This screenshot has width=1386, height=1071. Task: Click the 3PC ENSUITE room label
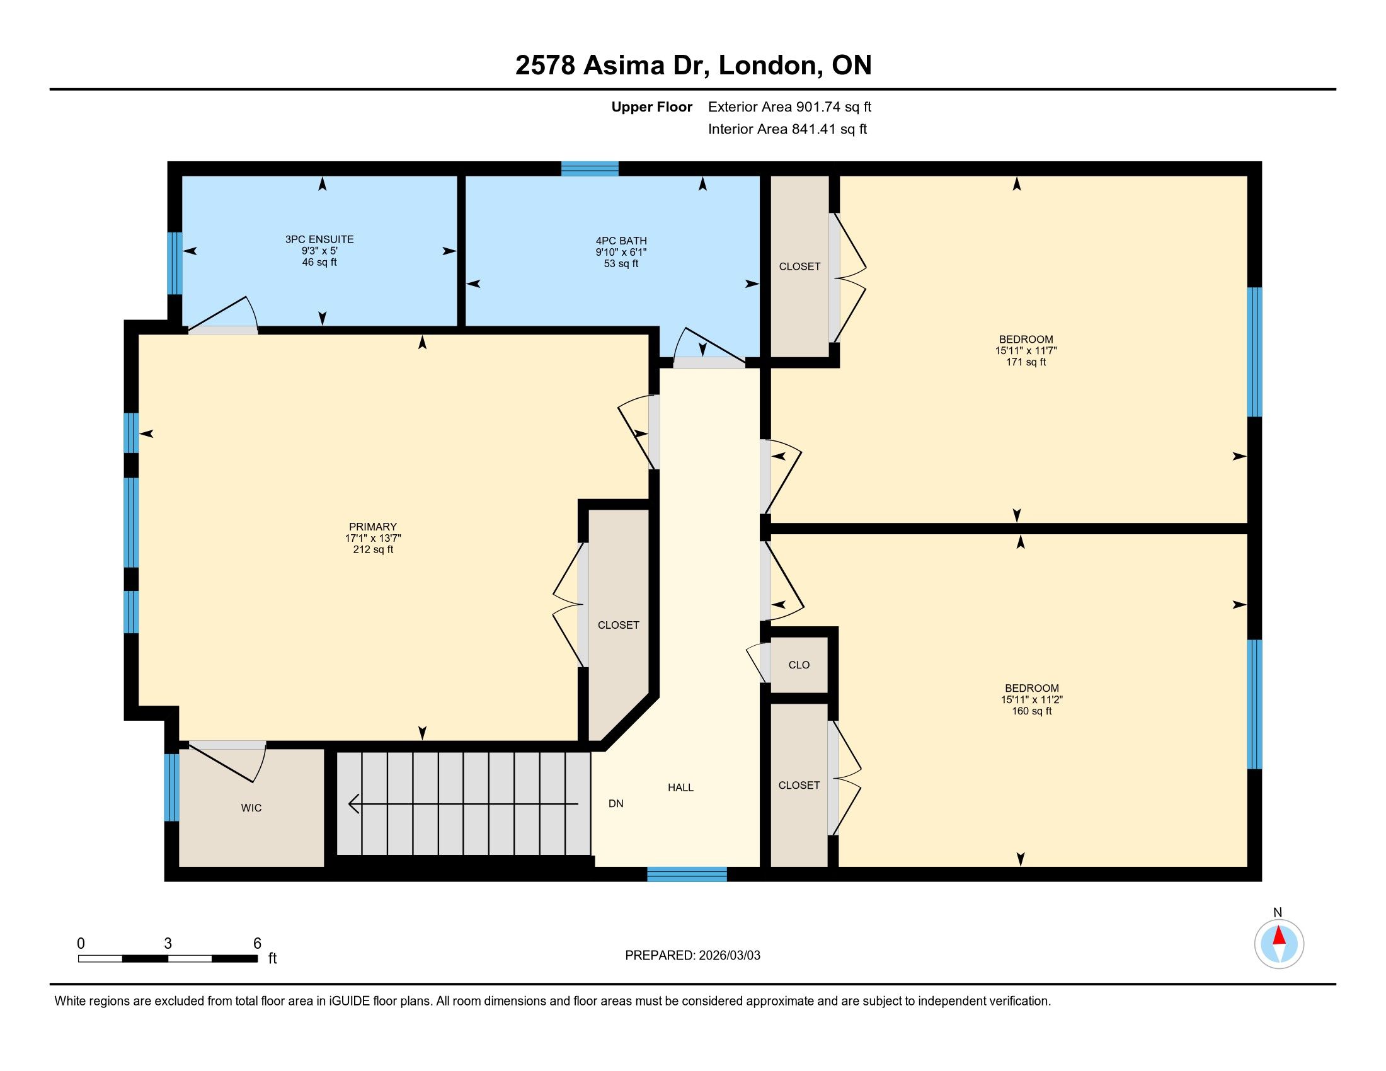tap(319, 239)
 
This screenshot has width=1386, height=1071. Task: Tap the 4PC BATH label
tap(621, 241)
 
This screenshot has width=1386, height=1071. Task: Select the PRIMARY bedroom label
tap(372, 527)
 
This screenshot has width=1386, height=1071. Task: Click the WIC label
tap(251, 808)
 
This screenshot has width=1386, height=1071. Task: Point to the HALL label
tap(680, 787)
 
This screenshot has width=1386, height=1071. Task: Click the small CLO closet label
tap(799, 665)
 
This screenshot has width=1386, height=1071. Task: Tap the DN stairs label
tap(616, 803)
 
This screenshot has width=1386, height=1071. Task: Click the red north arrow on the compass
tap(1280, 936)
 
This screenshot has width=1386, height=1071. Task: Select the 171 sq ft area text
tap(1026, 362)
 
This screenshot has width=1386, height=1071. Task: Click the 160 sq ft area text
tap(1032, 711)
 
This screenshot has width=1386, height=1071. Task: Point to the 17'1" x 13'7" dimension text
tap(373, 538)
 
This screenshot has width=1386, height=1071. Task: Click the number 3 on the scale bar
tap(168, 944)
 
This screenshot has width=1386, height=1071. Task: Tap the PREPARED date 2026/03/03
tap(728, 955)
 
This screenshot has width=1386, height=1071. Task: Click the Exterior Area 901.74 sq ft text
tap(789, 106)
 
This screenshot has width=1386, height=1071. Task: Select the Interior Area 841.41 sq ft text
tap(787, 129)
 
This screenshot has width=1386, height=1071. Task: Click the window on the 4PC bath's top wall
tap(590, 168)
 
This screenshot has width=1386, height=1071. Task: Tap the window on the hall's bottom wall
tap(687, 874)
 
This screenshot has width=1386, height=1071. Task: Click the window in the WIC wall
tap(171, 787)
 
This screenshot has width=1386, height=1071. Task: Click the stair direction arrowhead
tap(355, 804)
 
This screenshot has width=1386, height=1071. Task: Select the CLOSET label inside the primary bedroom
tap(618, 625)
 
